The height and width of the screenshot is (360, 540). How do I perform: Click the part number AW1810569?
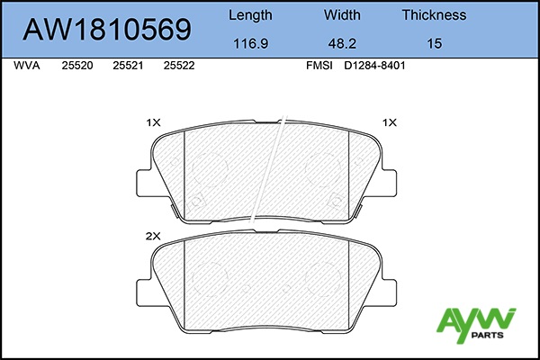pos(107,30)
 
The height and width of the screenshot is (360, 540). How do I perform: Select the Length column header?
pos(250,15)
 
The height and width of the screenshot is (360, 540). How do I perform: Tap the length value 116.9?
pos(251,44)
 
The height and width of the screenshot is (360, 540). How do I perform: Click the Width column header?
pos(342,14)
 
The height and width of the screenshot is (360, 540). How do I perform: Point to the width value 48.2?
pos(342,44)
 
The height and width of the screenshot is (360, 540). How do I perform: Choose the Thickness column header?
pos(435,14)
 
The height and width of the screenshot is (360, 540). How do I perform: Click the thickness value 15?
pos(435,44)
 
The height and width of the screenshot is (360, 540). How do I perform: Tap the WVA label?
pos(27,66)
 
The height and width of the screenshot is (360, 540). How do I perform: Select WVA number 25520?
pos(77,66)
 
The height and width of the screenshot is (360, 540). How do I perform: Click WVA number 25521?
pos(128,66)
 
